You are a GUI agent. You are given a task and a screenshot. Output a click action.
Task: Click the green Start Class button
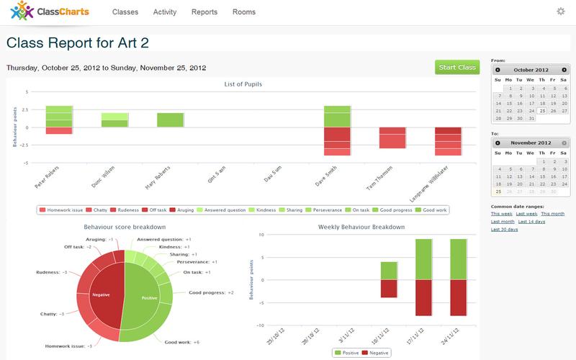point(457,68)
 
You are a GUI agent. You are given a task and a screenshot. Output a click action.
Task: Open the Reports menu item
point(204,12)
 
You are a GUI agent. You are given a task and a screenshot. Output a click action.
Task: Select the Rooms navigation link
point(243,12)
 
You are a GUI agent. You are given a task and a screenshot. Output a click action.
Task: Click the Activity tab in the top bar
point(165,12)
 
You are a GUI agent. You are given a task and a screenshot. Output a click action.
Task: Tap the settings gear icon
point(561,12)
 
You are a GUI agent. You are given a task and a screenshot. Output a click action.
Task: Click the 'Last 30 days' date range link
point(505,230)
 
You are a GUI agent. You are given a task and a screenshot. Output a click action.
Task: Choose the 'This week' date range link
point(502,214)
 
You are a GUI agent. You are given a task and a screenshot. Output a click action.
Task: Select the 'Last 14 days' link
point(531,222)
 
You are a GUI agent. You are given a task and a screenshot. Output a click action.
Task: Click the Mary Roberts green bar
point(171,120)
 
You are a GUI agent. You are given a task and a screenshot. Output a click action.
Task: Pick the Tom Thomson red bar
point(392,138)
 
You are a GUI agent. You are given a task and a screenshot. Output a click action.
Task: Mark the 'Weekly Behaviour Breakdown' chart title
point(362,228)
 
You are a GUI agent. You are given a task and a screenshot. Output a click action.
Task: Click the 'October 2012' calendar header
point(531,70)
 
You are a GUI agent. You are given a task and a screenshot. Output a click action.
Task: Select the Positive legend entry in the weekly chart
point(349,354)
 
